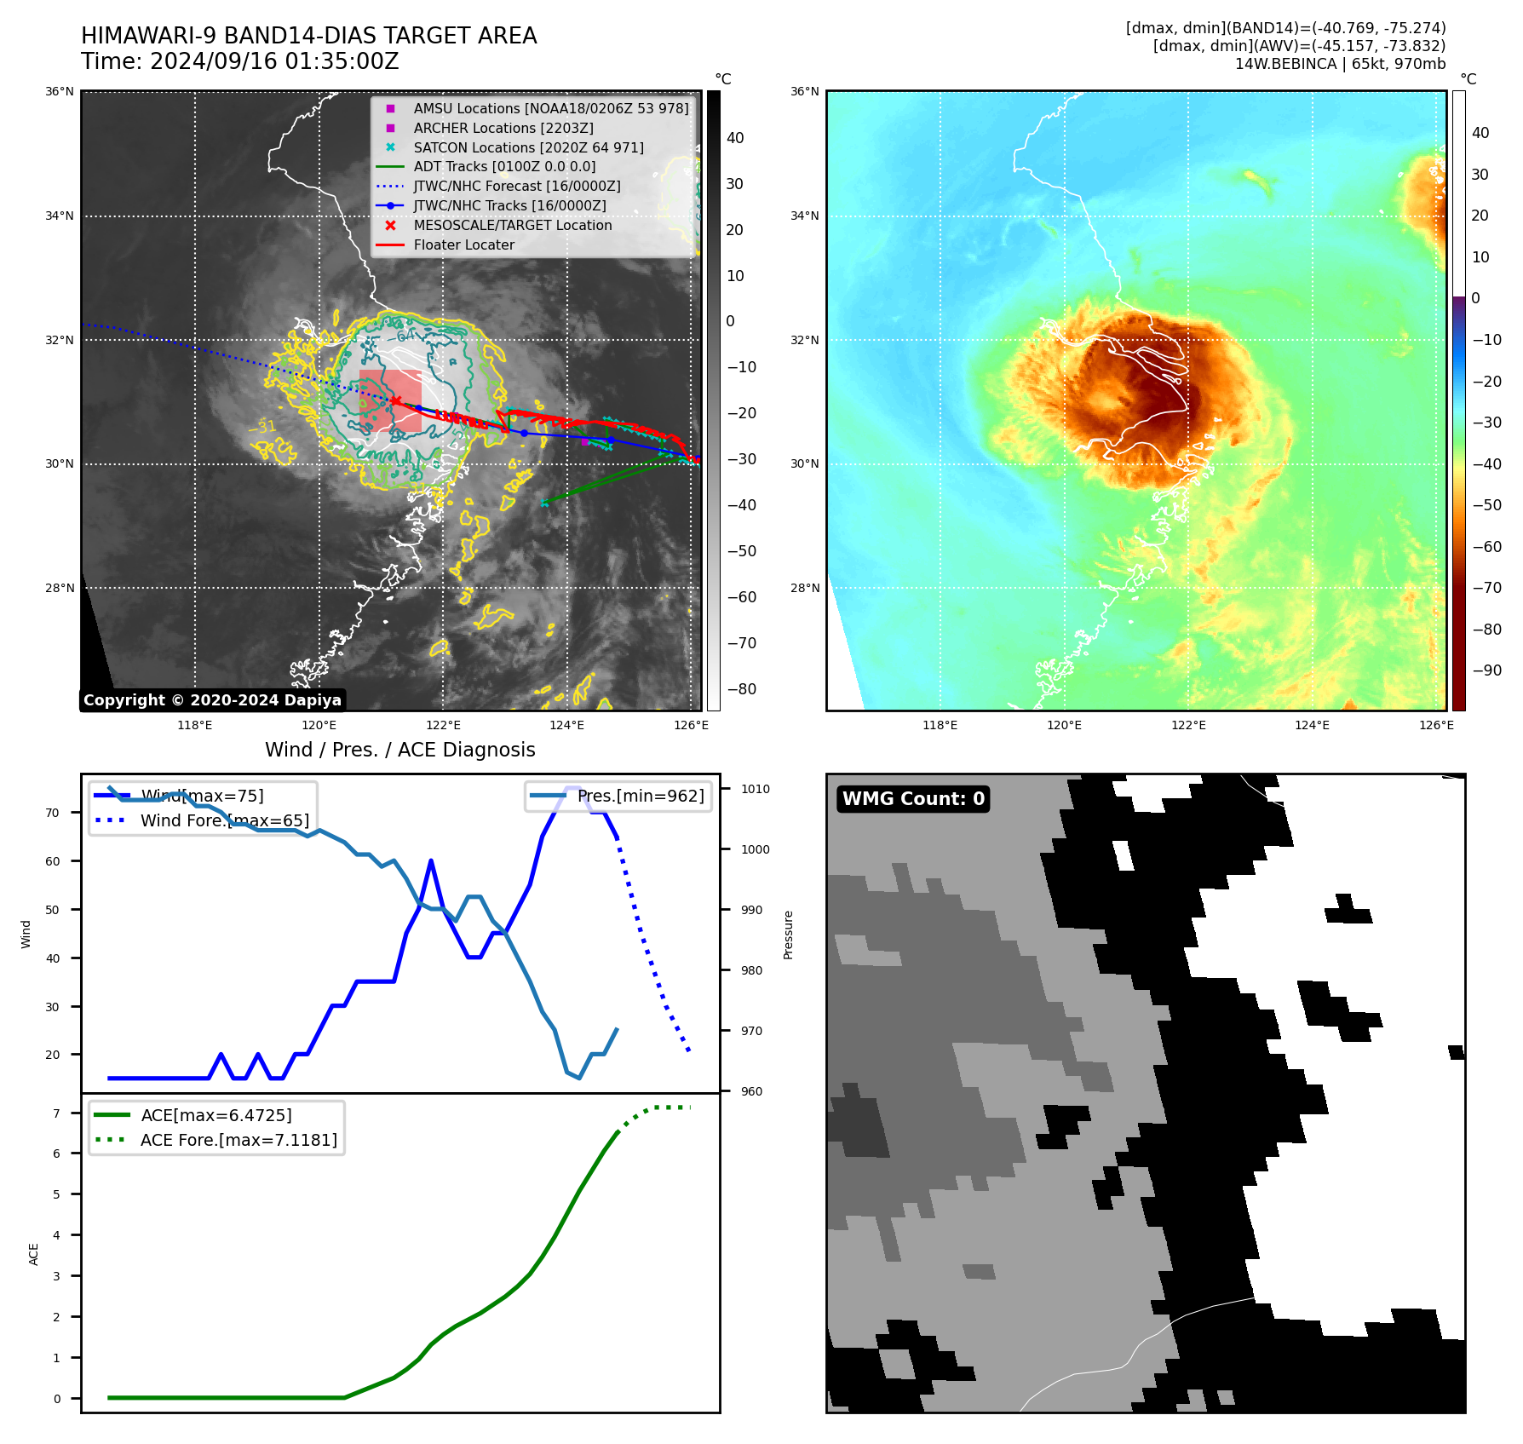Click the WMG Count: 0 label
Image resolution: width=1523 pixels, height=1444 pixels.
913,798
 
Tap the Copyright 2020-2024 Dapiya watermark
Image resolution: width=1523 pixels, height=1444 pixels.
212,700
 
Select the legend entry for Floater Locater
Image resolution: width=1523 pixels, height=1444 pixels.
463,245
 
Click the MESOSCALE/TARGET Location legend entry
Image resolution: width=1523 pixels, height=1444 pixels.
512,226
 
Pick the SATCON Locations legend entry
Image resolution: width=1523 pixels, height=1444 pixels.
528,147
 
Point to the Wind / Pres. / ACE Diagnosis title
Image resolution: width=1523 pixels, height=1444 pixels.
399,750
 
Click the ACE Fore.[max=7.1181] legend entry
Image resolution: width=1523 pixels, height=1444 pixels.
239,1140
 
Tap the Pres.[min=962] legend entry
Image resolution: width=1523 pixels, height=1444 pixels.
641,796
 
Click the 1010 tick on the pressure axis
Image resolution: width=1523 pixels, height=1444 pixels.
755,789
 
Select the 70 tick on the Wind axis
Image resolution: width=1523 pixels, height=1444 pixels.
53,813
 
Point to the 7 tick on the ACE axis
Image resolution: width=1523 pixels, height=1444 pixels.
56,1113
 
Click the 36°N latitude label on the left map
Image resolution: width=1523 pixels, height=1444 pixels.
60,92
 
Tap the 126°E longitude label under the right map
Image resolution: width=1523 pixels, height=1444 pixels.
1436,725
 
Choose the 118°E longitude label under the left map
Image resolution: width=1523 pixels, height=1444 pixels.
194,725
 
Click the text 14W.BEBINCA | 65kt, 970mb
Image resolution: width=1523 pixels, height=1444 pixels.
1340,64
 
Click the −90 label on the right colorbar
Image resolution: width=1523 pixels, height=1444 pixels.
1486,670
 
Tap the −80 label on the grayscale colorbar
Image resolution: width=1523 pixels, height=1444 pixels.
741,689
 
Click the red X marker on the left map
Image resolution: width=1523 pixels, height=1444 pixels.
396,400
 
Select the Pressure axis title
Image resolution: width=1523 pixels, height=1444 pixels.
788,935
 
